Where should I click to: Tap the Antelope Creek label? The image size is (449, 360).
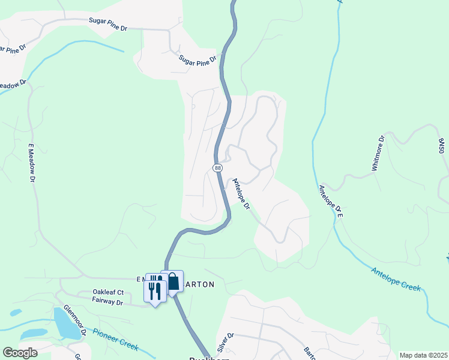click(396, 278)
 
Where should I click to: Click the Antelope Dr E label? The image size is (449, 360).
click(331, 201)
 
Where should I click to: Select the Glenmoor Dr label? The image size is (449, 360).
click(82, 323)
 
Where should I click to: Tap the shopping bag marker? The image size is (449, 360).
click(172, 281)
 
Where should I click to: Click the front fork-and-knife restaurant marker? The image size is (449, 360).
click(155, 292)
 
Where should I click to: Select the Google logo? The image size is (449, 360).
click(20, 353)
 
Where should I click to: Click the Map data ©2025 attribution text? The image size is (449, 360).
click(423, 355)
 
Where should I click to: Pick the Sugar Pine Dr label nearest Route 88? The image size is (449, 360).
click(197, 60)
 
